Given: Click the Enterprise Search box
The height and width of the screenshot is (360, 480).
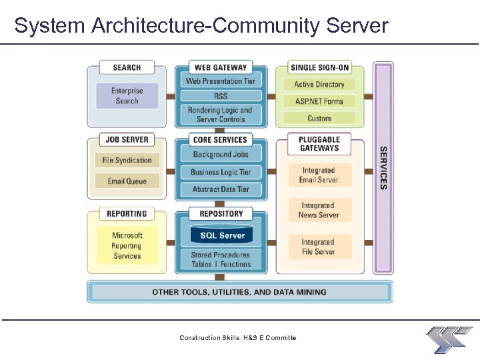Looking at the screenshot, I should click(127, 96).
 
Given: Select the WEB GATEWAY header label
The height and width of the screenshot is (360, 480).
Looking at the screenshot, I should click(221, 67).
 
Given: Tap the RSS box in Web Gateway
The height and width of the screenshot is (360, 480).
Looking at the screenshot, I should click(221, 96).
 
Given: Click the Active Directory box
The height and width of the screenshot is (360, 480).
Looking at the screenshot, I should click(319, 85).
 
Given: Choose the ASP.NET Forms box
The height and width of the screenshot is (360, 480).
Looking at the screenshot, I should click(319, 101).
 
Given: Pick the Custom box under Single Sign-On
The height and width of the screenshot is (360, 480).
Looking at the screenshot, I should click(319, 118).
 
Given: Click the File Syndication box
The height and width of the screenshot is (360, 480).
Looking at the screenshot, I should click(127, 160).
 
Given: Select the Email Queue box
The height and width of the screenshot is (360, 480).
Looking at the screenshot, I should click(127, 181).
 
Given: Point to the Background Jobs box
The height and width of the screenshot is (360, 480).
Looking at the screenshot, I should click(221, 155).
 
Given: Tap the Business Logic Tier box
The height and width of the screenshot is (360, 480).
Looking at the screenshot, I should click(221, 172).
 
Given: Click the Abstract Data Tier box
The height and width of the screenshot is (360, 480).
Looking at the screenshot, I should click(221, 189).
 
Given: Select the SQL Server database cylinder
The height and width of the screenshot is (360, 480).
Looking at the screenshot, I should click(221, 235).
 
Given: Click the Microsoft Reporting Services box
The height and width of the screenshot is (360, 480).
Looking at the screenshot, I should click(127, 245).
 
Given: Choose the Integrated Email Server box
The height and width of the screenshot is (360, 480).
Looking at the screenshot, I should click(319, 175).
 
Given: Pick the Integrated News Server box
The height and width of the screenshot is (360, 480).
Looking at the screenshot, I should click(319, 211).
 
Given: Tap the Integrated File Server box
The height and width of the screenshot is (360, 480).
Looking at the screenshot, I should click(319, 247).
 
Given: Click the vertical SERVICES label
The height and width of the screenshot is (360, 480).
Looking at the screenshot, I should click(383, 168).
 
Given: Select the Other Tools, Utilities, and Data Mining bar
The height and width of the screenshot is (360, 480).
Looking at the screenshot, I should click(239, 292).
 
